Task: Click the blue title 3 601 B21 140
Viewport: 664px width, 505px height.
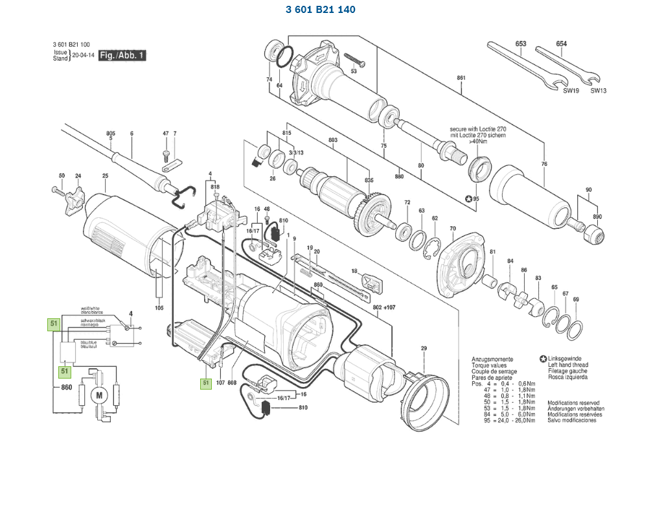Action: tap(320, 10)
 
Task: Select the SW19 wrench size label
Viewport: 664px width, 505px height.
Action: tap(570, 91)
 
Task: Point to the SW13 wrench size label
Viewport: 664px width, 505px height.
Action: tap(598, 91)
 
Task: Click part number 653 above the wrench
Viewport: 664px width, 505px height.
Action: tap(521, 44)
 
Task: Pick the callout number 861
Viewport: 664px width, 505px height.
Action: tap(461, 78)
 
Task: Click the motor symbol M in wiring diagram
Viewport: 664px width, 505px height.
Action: tap(99, 395)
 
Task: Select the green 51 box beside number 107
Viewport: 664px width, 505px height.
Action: tap(206, 383)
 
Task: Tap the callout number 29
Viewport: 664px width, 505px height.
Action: tap(424, 349)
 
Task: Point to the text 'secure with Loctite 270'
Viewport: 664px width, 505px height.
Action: tap(478, 130)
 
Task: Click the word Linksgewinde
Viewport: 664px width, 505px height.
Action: tap(566, 358)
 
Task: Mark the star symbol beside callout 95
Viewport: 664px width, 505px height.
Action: tap(468, 198)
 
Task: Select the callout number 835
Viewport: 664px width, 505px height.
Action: tap(369, 180)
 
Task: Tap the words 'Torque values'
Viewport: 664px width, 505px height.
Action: tap(488, 365)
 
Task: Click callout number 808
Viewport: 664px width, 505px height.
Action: tap(232, 383)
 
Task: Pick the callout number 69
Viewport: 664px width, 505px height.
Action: tap(576, 299)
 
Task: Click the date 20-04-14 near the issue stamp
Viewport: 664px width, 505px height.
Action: tap(83, 56)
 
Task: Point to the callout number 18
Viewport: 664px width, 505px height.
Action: tap(354, 270)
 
